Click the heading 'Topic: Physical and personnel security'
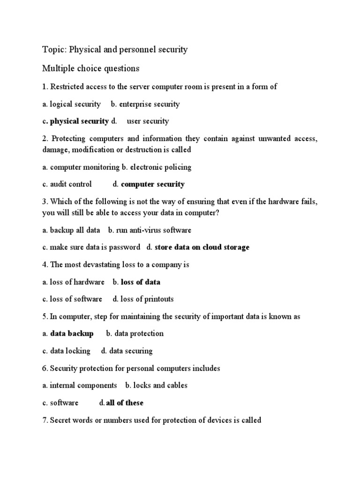point(115,50)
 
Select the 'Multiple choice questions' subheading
point(91,68)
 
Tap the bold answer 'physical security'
point(79,121)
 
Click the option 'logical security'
point(75,104)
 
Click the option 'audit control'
point(71,184)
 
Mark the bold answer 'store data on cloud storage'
point(202,247)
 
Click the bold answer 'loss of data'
point(140,282)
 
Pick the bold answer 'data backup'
point(72,333)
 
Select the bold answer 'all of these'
point(125,403)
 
